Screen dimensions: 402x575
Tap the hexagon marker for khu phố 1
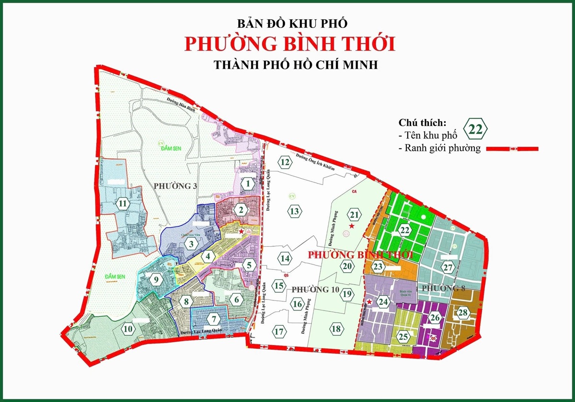[247, 183]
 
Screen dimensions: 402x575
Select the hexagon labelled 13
[295, 211]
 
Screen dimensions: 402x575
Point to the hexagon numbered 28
[462, 313]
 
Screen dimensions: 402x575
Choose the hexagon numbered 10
[127, 329]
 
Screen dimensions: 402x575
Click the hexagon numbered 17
[279, 331]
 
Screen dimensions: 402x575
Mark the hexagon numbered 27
[448, 267]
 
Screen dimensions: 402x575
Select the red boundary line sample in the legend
[512, 149]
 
